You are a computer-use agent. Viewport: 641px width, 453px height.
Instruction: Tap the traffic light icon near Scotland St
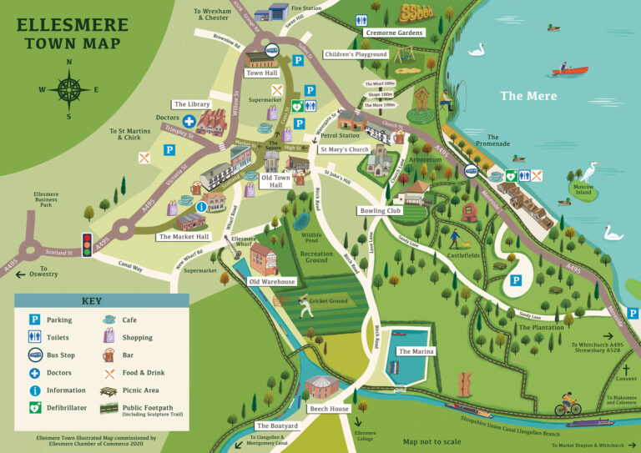(85, 244)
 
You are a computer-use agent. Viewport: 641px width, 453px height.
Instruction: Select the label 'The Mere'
(523, 96)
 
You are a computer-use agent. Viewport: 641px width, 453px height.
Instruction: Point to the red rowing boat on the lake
(569, 69)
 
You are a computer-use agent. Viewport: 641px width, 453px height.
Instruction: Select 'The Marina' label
(416, 352)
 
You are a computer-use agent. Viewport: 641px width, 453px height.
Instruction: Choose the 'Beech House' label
(329, 410)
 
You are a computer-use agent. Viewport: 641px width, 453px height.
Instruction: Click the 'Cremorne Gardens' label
(394, 33)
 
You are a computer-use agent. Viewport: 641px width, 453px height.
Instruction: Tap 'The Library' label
(191, 104)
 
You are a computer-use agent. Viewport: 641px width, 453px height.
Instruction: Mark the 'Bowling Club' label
(381, 211)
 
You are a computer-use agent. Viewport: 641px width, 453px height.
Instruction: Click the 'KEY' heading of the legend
(92, 301)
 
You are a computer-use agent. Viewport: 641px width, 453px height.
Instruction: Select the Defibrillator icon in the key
(36, 408)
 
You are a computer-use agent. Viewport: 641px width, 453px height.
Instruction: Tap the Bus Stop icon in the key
(36, 355)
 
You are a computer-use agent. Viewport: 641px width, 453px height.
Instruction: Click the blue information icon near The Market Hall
(200, 206)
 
